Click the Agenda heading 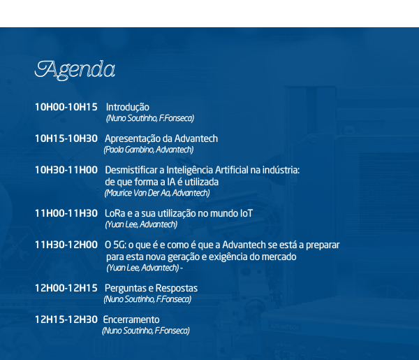[x=75, y=70]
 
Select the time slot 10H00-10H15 [x=66, y=107]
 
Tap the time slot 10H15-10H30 [x=66, y=138]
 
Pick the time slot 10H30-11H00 [x=66, y=170]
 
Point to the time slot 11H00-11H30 [x=66, y=213]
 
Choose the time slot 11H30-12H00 [x=66, y=245]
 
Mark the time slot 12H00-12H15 [x=66, y=288]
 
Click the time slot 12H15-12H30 [x=66, y=319]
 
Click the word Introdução [x=128, y=108]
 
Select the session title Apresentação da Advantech [x=161, y=139]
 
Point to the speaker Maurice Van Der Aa [x=138, y=193]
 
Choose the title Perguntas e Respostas [x=151, y=288]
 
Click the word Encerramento [x=131, y=319]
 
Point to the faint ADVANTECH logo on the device [x=284, y=326]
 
